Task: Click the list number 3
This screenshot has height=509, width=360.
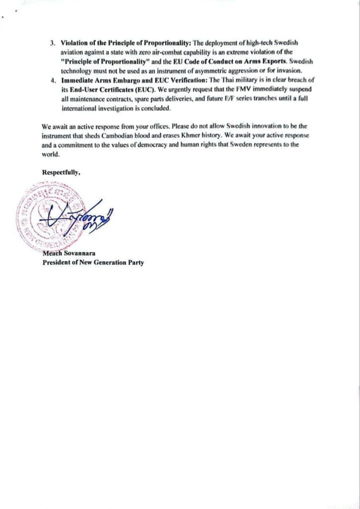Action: coord(52,43)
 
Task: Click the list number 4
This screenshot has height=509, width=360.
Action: coord(52,80)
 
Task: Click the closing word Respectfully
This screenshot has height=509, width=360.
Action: coord(61,172)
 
